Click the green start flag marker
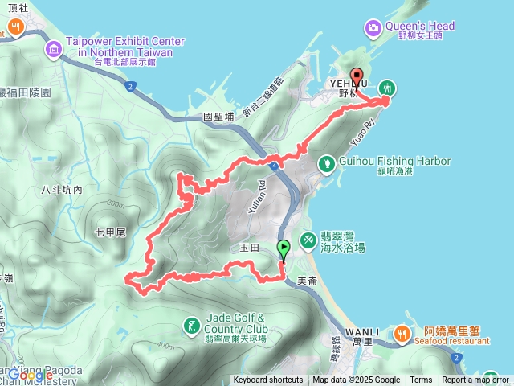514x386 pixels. point(283,248)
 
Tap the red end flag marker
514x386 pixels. point(357,78)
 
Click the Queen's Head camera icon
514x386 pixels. point(373,29)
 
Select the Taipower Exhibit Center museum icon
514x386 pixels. point(54,50)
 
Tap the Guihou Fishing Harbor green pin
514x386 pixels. point(326,164)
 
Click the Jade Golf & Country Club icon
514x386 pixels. point(191,326)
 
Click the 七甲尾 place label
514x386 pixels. point(111,232)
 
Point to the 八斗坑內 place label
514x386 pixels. point(61,190)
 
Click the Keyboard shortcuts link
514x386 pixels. point(268,380)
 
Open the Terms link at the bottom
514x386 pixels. point(421,380)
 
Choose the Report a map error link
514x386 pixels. point(475,380)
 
